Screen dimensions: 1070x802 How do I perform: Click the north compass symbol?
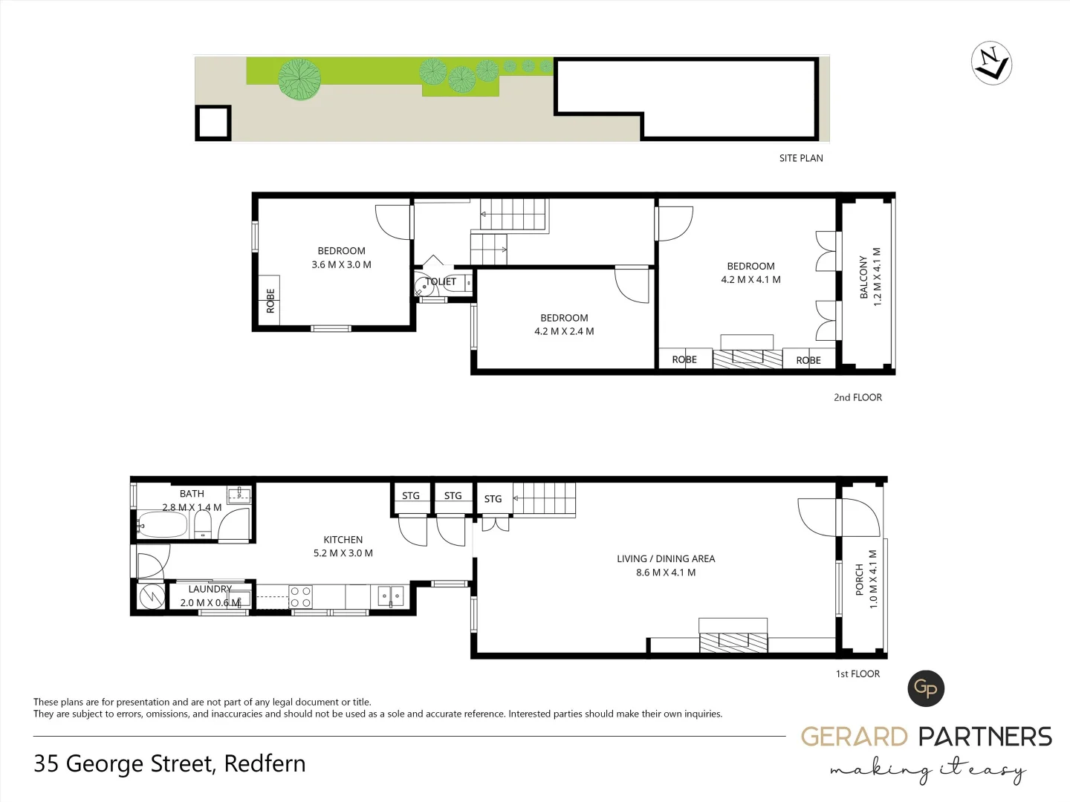991,63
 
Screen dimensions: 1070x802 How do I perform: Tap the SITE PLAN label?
801,158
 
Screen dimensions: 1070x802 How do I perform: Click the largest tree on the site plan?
299,79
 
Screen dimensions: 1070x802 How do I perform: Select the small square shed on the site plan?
213,123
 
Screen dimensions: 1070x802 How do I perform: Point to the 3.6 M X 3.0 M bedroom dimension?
341,265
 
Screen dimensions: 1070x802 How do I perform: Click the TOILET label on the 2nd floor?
441,281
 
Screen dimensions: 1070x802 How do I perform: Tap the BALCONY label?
863,277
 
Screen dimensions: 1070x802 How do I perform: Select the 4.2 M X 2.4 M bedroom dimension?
564,332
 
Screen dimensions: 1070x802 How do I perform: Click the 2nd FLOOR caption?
857,397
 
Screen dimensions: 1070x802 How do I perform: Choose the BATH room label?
192,494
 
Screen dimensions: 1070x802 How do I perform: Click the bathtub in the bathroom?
161,524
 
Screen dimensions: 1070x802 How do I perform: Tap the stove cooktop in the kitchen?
300,597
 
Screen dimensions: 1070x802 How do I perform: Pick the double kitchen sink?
391,597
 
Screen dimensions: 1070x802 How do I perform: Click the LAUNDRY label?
210,589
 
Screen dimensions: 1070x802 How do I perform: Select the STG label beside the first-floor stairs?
493,499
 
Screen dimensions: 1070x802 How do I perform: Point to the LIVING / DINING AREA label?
666,559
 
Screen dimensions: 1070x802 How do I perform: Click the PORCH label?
860,579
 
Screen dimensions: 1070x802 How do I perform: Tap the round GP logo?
926,688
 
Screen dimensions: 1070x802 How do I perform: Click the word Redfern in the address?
265,763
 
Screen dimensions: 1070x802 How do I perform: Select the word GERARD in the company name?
855,737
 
